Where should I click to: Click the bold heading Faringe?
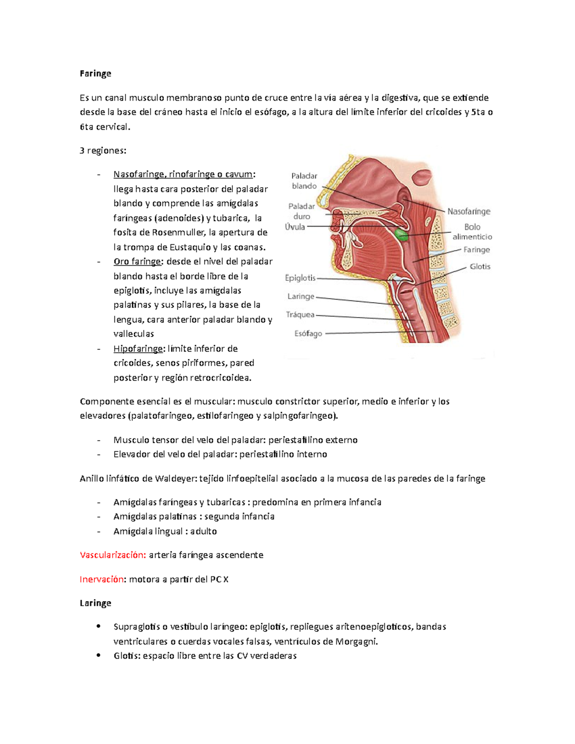[95, 73]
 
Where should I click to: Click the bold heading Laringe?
[95, 603]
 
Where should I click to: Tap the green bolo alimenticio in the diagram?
[401, 234]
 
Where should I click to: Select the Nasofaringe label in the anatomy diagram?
[469, 211]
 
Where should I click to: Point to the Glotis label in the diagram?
[480, 266]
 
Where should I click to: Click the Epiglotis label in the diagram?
[300, 278]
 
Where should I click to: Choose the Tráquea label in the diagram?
[300, 315]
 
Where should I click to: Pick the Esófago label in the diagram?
[308, 333]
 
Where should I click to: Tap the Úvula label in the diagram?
[295, 227]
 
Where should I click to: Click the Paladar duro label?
[302, 211]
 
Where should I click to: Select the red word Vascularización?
[113, 555]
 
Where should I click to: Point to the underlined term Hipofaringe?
[138, 348]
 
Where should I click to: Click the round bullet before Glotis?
[99, 655]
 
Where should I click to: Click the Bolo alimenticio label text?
[472, 232]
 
